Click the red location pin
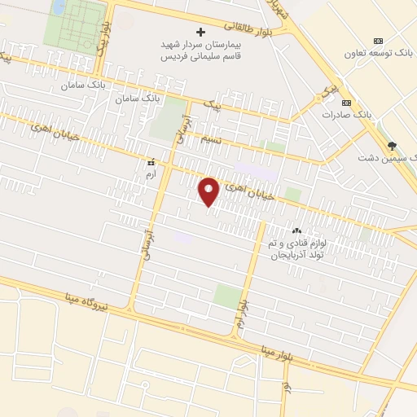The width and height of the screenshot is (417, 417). [209, 191]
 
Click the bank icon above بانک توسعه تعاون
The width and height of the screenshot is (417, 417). [378, 41]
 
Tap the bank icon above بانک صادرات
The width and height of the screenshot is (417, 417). [348, 103]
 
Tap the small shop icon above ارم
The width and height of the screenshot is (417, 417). [148, 162]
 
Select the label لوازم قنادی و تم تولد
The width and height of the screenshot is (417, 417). [296, 244]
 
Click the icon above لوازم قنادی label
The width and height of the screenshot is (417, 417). [296, 231]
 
